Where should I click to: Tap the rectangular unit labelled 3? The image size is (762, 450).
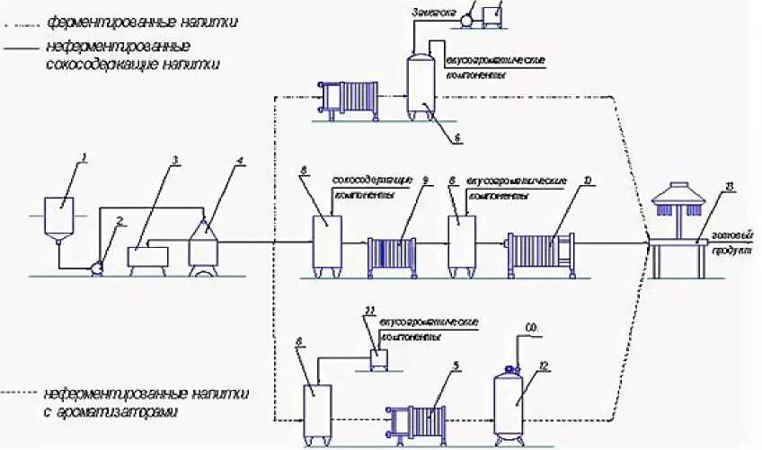[x=148, y=256]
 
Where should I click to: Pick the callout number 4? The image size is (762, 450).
[x=240, y=163]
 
